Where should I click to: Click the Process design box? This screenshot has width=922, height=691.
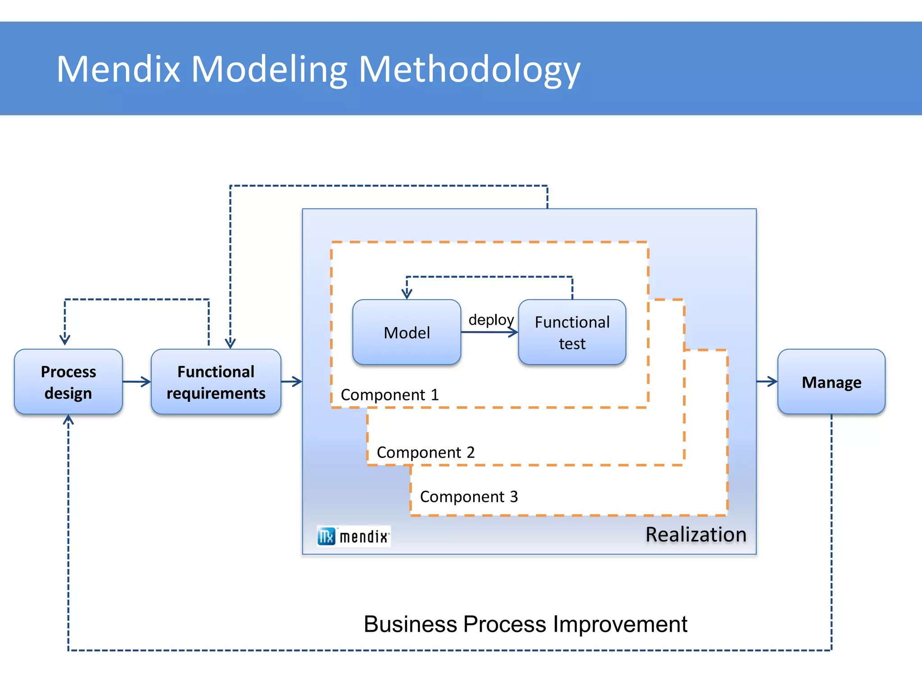(68, 381)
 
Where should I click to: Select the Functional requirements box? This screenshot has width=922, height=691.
(216, 381)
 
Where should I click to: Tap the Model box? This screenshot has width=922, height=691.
(407, 332)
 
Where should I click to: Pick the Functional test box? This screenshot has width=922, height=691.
(572, 332)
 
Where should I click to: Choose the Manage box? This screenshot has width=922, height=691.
(831, 382)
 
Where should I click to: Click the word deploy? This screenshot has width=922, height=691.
(491, 319)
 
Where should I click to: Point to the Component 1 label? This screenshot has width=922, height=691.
(389, 395)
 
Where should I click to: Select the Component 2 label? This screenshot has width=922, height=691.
(425, 452)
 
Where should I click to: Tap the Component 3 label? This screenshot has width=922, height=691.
(469, 497)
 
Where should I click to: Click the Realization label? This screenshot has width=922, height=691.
(696, 534)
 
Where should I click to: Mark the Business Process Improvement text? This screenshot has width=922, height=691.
(525, 624)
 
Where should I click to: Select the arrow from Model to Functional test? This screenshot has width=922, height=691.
(489, 332)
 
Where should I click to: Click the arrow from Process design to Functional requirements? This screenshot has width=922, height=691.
(136, 382)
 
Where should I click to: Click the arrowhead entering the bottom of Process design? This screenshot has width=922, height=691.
(68, 420)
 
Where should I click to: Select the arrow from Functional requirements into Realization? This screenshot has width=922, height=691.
(292, 382)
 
